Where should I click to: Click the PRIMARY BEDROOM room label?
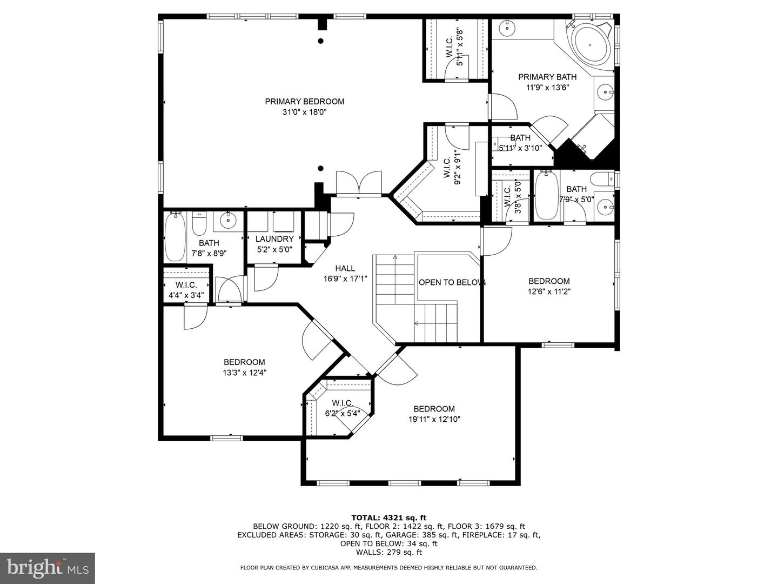tap(304, 101)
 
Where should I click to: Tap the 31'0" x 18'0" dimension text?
tap(304, 112)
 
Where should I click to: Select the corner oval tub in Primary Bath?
tap(591, 43)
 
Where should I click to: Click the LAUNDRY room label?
tap(274, 238)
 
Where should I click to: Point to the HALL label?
tap(345, 268)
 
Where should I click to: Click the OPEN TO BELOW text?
tap(452, 282)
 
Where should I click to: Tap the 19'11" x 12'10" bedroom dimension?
tap(434, 419)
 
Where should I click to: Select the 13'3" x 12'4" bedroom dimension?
tap(244, 373)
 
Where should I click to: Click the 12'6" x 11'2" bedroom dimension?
tap(549, 291)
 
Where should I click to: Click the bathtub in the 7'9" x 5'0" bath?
tap(546, 195)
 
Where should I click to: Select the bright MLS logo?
tap(47, 568)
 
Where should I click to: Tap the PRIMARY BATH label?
tap(547, 77)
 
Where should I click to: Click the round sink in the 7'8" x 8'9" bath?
tap(228, 219)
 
